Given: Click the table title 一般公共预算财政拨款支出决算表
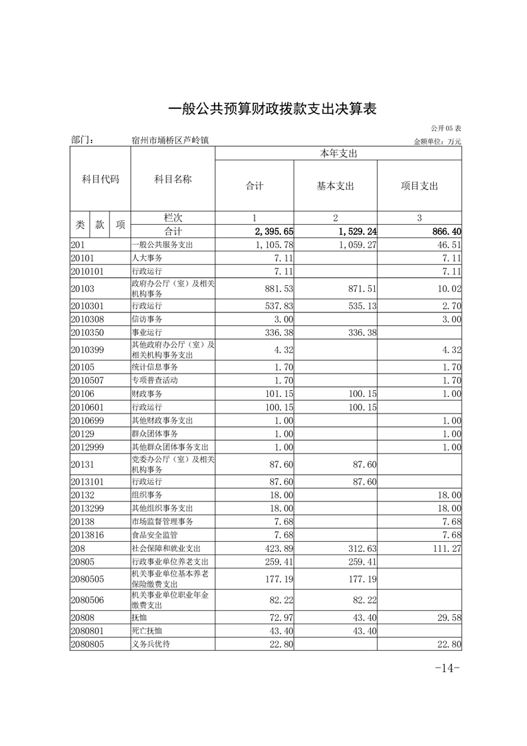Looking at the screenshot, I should (272, 108).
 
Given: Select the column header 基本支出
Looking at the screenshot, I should (335, 186).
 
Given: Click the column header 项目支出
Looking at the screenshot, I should (419, 186).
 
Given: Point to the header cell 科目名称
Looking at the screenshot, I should (173, 179).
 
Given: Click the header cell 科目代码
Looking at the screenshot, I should (100, 179).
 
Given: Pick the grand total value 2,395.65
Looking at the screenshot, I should (274, 231).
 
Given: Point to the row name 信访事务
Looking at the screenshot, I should (148, 319).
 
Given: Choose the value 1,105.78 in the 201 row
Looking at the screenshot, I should (273, 245).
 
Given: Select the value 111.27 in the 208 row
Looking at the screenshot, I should (444, 549).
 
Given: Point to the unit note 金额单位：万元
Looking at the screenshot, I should (437, 141).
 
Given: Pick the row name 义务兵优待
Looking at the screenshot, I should (151, 644).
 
